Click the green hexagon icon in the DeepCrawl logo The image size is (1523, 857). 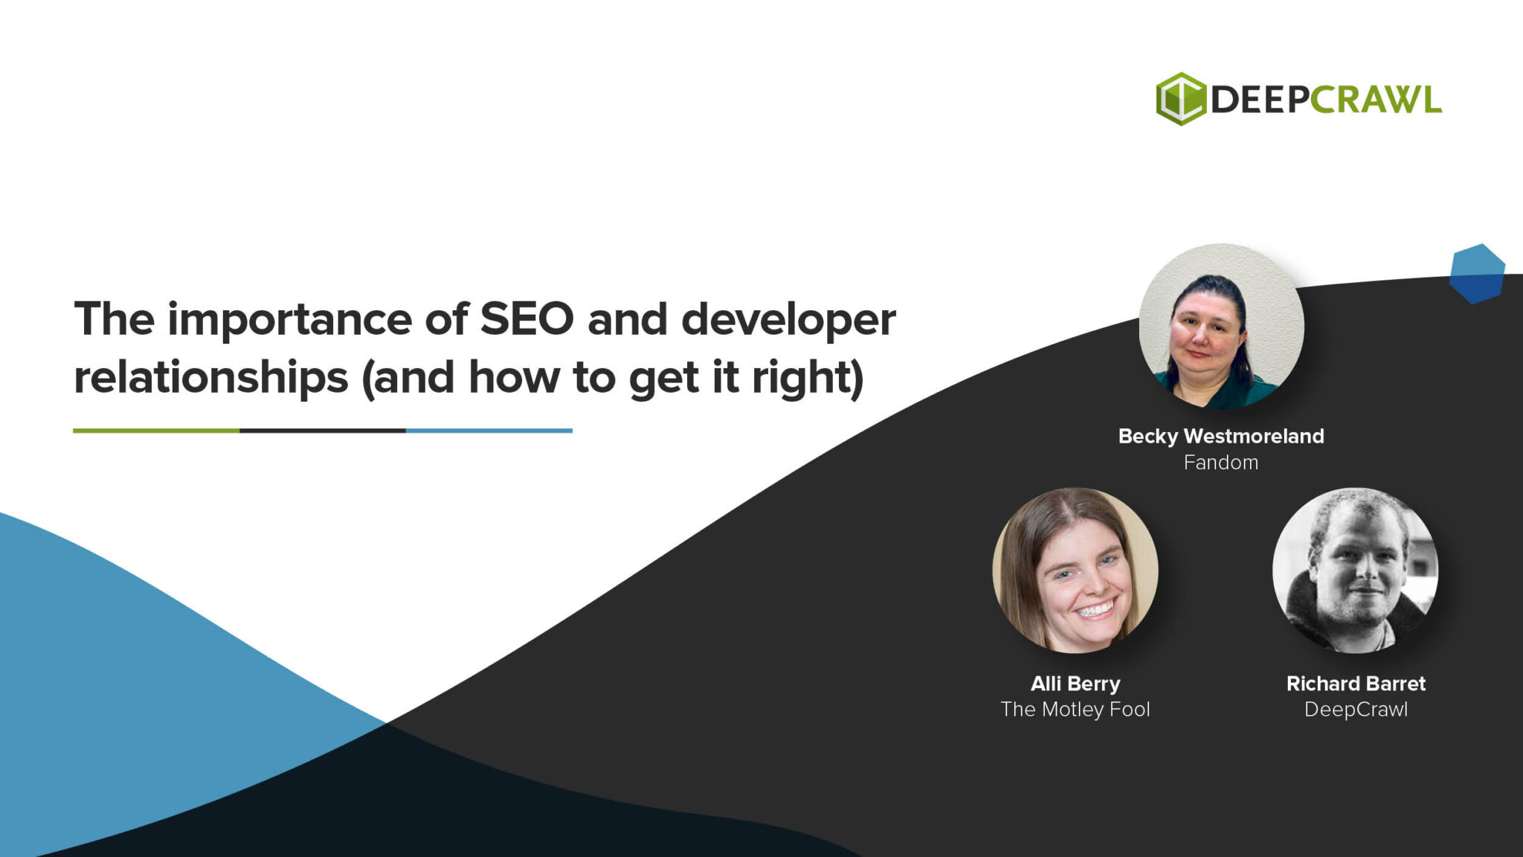coord(1180,99)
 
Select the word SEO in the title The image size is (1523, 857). coord(527,319)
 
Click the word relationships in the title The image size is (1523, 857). coord(210,378)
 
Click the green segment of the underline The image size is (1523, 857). coord(156,431)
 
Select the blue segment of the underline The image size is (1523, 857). coord(489,431)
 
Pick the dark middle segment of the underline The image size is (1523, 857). coord(322,431)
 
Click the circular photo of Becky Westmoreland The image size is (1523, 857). coord(1221,326)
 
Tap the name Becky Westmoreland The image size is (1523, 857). coord(1221,436)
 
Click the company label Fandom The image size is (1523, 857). coord(1221,463)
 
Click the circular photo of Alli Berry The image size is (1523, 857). coord(1075,571)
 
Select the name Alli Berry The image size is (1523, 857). coord(1075,684)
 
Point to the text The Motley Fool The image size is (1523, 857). coord(1075,710)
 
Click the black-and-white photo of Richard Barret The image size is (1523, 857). coord(1355,571)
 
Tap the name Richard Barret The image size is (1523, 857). coord(1356,684)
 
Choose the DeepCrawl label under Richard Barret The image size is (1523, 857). coord(1356,710)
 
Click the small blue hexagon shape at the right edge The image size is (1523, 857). coord(1477,274)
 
